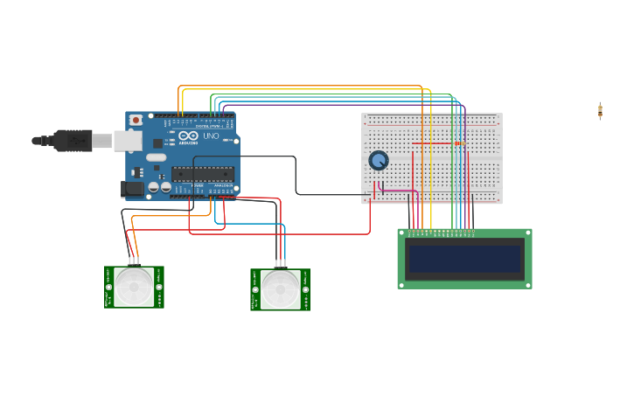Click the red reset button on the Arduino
(x=136, y=120)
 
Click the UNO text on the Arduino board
(x=211, y=136)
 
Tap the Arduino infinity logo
(x=188, y=136)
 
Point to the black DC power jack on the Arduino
(x=132, y=188)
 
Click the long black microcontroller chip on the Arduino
(x=203, y=172)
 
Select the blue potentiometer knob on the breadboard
(x=378, y=161)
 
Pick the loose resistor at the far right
(x=600, y=110)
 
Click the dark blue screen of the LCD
(x=465, y=259)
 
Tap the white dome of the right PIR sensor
(x=280, y=289)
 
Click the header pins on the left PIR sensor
(x=134, y=261)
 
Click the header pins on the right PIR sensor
(x=280, y=264)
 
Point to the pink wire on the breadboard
(x=395, y=191)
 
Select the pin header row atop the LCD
(x=441, y=233)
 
